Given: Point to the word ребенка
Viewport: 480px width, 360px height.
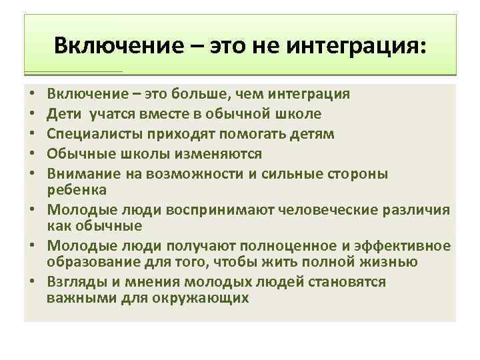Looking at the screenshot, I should (73, 190).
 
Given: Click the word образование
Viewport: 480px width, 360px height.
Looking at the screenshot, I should (87, 262).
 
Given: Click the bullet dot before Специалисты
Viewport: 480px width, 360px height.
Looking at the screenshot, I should (32, 135).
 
